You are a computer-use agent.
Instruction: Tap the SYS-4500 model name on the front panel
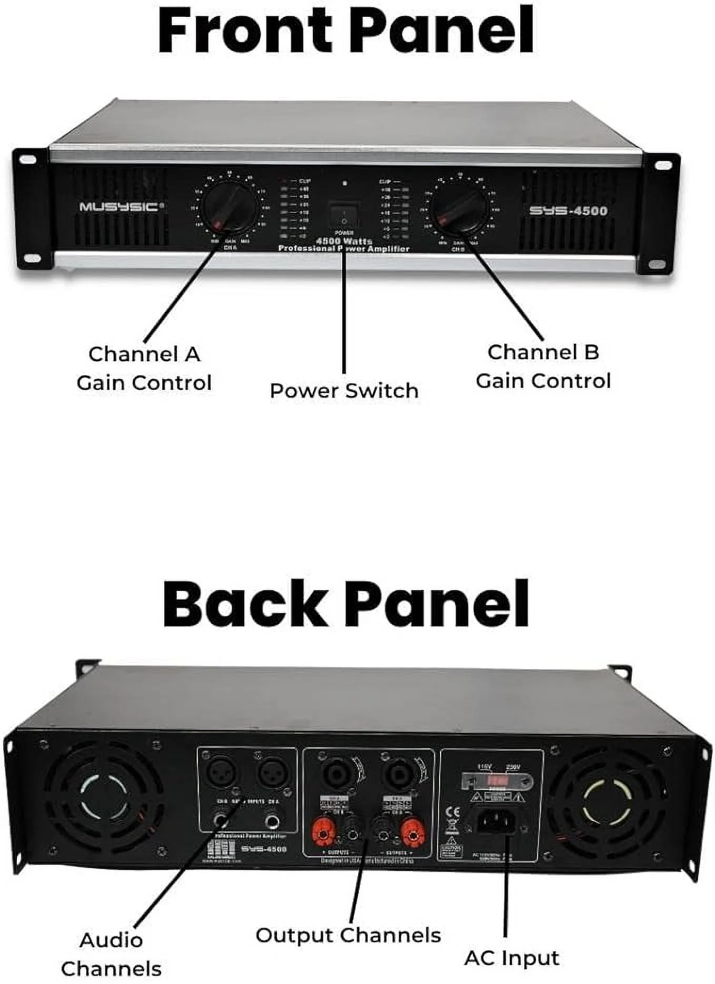[x=568, y=211]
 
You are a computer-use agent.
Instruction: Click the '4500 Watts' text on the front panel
[x=344, y=241]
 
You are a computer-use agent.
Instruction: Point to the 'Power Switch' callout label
[x=344, y=391]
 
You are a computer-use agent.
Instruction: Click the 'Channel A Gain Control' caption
[x=144, y=368]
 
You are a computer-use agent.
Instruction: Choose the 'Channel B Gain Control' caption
[x=543, y=367]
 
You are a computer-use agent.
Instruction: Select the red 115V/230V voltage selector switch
[x=496, y=780]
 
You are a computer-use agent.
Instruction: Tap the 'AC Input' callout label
[x=511, y=958]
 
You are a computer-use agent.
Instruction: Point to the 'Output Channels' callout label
[x=348, y=935]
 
